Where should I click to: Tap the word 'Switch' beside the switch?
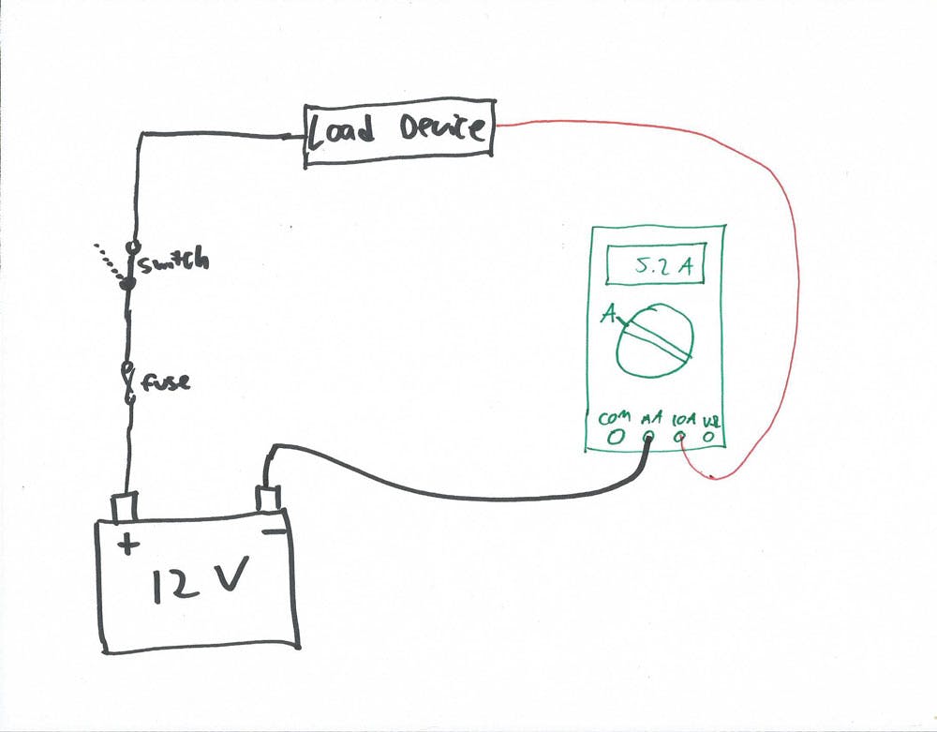[x=174, y=262]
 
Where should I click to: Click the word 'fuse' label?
[x=167, y=382]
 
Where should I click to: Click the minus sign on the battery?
[x=274, y=532]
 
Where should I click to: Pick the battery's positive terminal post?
[x=124, y=506]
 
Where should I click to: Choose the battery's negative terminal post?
[x=269, y=498]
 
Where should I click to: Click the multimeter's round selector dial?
[x=655, y=340]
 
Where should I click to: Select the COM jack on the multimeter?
[x=616, y=436]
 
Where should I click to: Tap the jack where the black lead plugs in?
[x=648, y=437]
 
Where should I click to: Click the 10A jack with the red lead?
[x=681, y=437]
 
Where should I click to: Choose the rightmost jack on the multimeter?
[x=711, y=437]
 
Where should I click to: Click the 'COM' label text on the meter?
[x=613, y=417]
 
